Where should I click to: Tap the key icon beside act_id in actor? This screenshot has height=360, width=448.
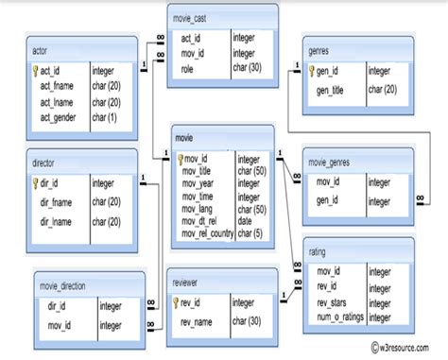pos(35,70)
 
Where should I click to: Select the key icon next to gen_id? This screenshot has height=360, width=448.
pos(312,70)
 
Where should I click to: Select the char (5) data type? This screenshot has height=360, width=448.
pos(251,233)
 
